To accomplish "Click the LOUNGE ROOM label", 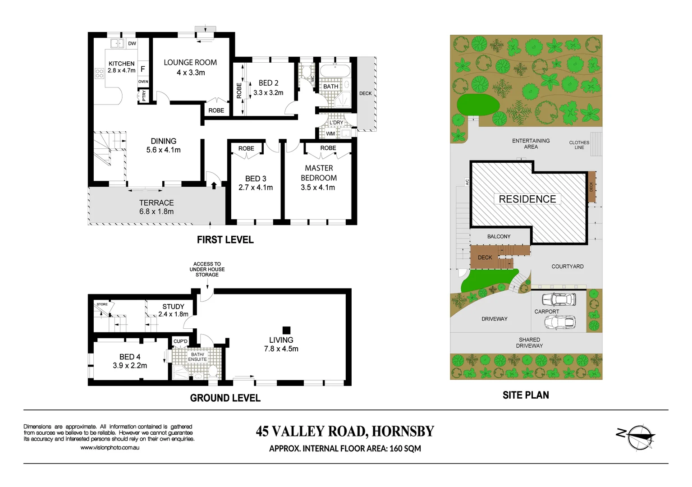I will pyautogui.click(x=190, y=63).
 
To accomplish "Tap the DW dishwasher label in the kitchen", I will pyautogui.click(x=132, y=44).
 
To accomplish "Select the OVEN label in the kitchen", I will pyautogui.click(x=143, y=82).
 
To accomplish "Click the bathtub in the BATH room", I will pyautogui.click(x=335, y=71).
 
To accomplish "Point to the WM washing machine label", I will pyautogui.click(x=330, y=133).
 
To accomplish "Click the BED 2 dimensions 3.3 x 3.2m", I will pyautogui.click(x=268, y=93).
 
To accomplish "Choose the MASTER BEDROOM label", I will pyautogui.click(x=319, y=173).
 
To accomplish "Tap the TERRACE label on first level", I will pyautogui.click(x=156, y=203).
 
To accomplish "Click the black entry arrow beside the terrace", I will pyautogui.click(x=214, y=185).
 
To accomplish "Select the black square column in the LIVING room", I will pyautogui.click(x=286, y=330).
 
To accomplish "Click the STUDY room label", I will pyautogui.click(x=173, y=307).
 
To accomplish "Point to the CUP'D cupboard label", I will pyautogui.click(x=180, y=341).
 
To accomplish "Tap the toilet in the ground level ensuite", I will pyautogui.click(x=213, y=372).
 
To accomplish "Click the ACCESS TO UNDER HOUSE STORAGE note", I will pyautogui.click(x=207, y=269).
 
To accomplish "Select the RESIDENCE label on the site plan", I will pyautogui.click(x=527, y=199).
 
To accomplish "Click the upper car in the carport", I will pyautogui.click(x=559, y=299).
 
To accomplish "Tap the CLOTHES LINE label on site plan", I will pyautogui.click(x=579, y=145).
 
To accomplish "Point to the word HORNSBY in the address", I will pyautogui.click(x=403, y=432).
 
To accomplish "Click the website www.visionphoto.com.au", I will pyautogui.click(x=110, y=448).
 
